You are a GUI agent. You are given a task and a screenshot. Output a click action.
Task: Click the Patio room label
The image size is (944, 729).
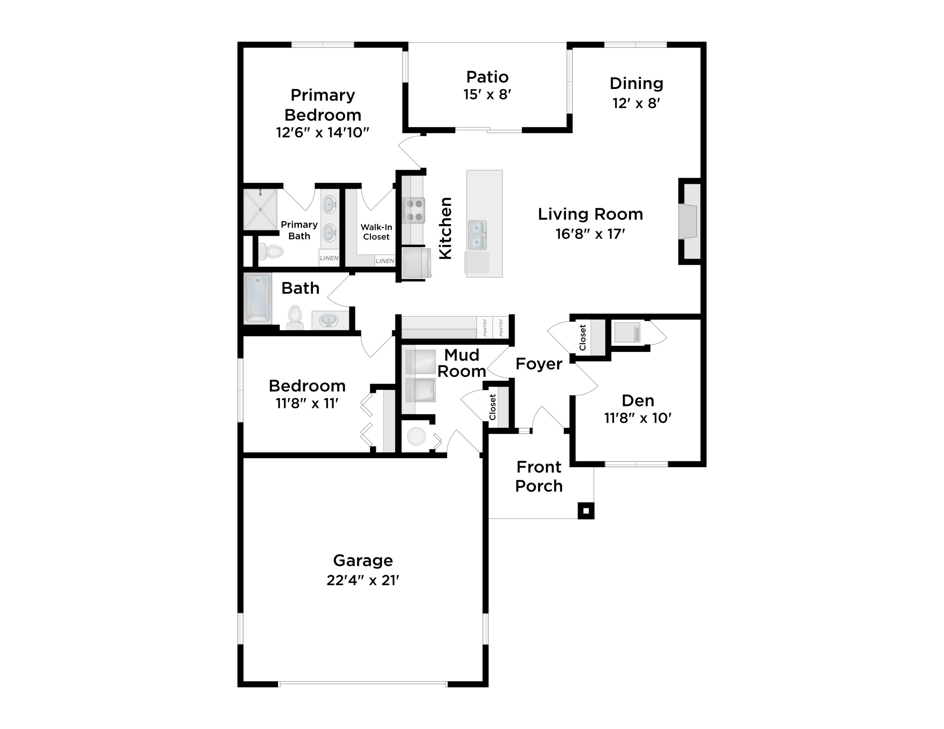click(x=487, y=77)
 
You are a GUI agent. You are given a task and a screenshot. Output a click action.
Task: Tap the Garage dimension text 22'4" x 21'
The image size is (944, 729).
click(x=362, y=580)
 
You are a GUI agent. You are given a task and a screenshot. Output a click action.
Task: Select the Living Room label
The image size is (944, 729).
click(x=590, y=214)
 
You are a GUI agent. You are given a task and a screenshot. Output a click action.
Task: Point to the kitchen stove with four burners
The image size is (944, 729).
click(x=414, y=210)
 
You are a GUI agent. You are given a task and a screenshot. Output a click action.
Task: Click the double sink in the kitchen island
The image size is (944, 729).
click(x=477, y=235)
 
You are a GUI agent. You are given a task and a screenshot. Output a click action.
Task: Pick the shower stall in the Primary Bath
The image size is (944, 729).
click(x=260, y=210)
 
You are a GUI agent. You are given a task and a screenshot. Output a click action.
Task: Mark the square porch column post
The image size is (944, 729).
click(x=586, y=511)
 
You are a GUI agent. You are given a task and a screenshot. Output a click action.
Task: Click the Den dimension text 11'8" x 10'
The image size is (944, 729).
click(x=638, y=418)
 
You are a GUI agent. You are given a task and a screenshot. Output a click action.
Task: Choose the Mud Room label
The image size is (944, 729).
click(x=462, y=363)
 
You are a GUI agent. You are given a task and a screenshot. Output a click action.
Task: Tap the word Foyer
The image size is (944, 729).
click(x=539, y=364)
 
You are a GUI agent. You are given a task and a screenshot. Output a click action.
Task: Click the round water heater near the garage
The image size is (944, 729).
click(x=416, y=436)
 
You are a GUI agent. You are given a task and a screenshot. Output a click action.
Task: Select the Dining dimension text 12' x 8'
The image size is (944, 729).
click(x=636, y=103)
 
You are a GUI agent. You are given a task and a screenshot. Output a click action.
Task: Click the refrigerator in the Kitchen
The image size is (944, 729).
click(x=416, y=262)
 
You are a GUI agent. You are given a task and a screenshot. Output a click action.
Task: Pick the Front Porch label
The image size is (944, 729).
click(x=539, y=477)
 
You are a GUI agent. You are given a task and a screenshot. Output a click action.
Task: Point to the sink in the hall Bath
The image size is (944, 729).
click(x=328, y=320)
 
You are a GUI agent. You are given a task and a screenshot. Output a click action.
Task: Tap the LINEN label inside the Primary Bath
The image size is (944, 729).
click(x=329, y=258)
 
